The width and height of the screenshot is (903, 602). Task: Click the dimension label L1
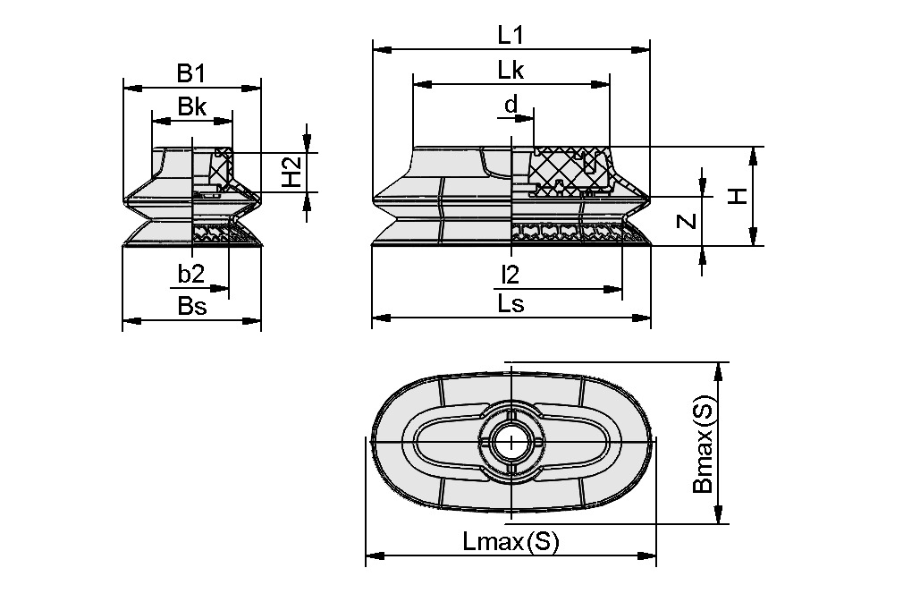coord(511,35)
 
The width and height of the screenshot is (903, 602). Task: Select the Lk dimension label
coord(511,71)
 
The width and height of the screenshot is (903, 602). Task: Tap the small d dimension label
coord(511,105)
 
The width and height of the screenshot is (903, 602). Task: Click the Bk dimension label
coord(191,107)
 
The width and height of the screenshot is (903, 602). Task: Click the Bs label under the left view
coord(191,306)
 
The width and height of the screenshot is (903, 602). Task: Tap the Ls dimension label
coord(511,303)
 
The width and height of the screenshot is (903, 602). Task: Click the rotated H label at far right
coord(738,196)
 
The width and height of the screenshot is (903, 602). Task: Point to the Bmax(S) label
coord(704,445)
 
